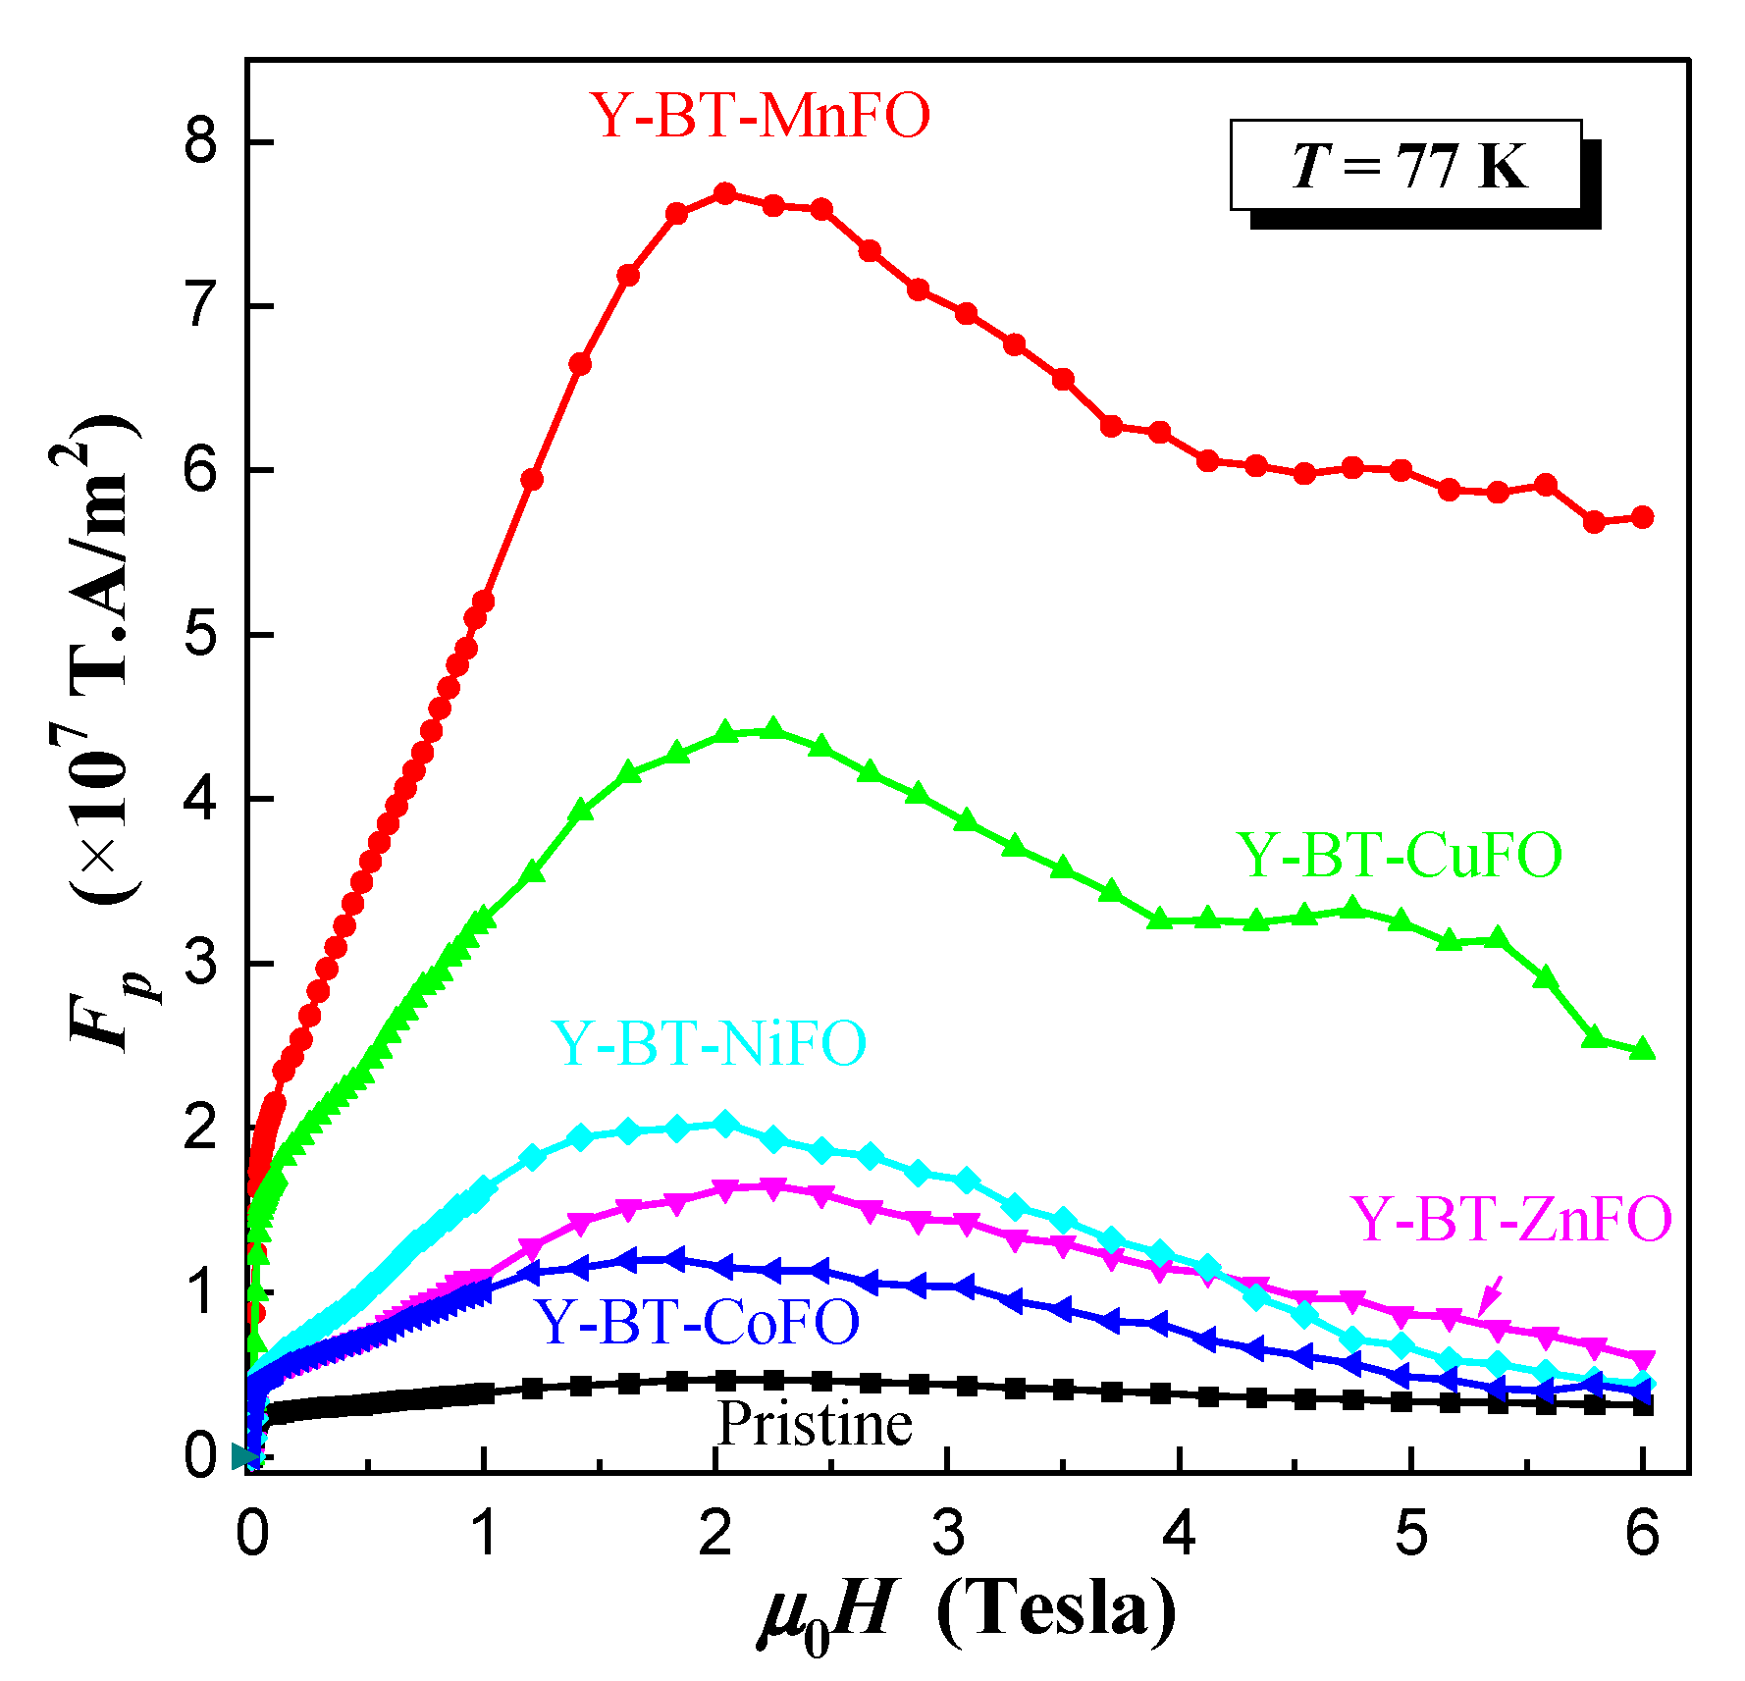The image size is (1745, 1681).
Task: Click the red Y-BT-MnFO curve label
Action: coord(760,116)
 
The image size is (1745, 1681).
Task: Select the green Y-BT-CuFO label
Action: coord(1399,855)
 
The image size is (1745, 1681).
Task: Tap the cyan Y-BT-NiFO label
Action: coord(709,1042)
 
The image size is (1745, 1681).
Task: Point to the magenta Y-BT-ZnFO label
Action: coord(1510,1220)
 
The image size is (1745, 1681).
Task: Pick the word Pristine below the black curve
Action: coord(815,1424)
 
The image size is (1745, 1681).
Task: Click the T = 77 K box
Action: coord(1405,165)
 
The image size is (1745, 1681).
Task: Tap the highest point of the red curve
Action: coord(725,193)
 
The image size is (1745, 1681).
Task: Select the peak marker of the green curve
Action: coord(772,729)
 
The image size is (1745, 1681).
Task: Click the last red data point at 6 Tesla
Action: coord(1642,517)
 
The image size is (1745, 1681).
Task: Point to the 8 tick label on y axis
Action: coord(200,143)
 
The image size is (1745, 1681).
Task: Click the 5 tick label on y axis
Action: coord(200,636)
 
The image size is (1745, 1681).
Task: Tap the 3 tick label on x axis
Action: coord(948,1533)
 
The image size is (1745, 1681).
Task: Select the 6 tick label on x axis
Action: coord(1642,1533)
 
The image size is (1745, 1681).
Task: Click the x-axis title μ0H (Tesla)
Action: coord(967,1611)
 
